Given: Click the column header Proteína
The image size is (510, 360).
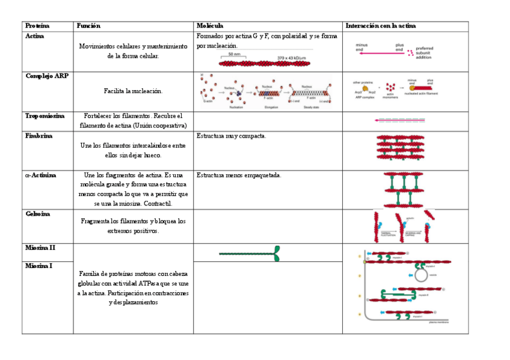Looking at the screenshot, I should click(37, 26).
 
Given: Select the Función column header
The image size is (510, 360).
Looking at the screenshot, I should click(88, 26).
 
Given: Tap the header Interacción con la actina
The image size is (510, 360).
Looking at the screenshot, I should click(381, 26).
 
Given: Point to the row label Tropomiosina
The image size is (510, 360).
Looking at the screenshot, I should click(45, 115).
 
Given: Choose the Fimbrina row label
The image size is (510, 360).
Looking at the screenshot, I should click(38, 136).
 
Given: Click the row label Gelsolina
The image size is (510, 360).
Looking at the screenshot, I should click(38, 214).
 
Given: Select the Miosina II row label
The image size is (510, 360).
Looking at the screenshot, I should click(40, 248).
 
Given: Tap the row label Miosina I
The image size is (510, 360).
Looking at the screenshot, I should click(39, 266).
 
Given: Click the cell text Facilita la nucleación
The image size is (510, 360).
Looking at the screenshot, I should click(133, 91).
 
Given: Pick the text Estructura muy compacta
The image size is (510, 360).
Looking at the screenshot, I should click(232, 136).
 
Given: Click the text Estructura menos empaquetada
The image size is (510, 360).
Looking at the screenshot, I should click(239, 175).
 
